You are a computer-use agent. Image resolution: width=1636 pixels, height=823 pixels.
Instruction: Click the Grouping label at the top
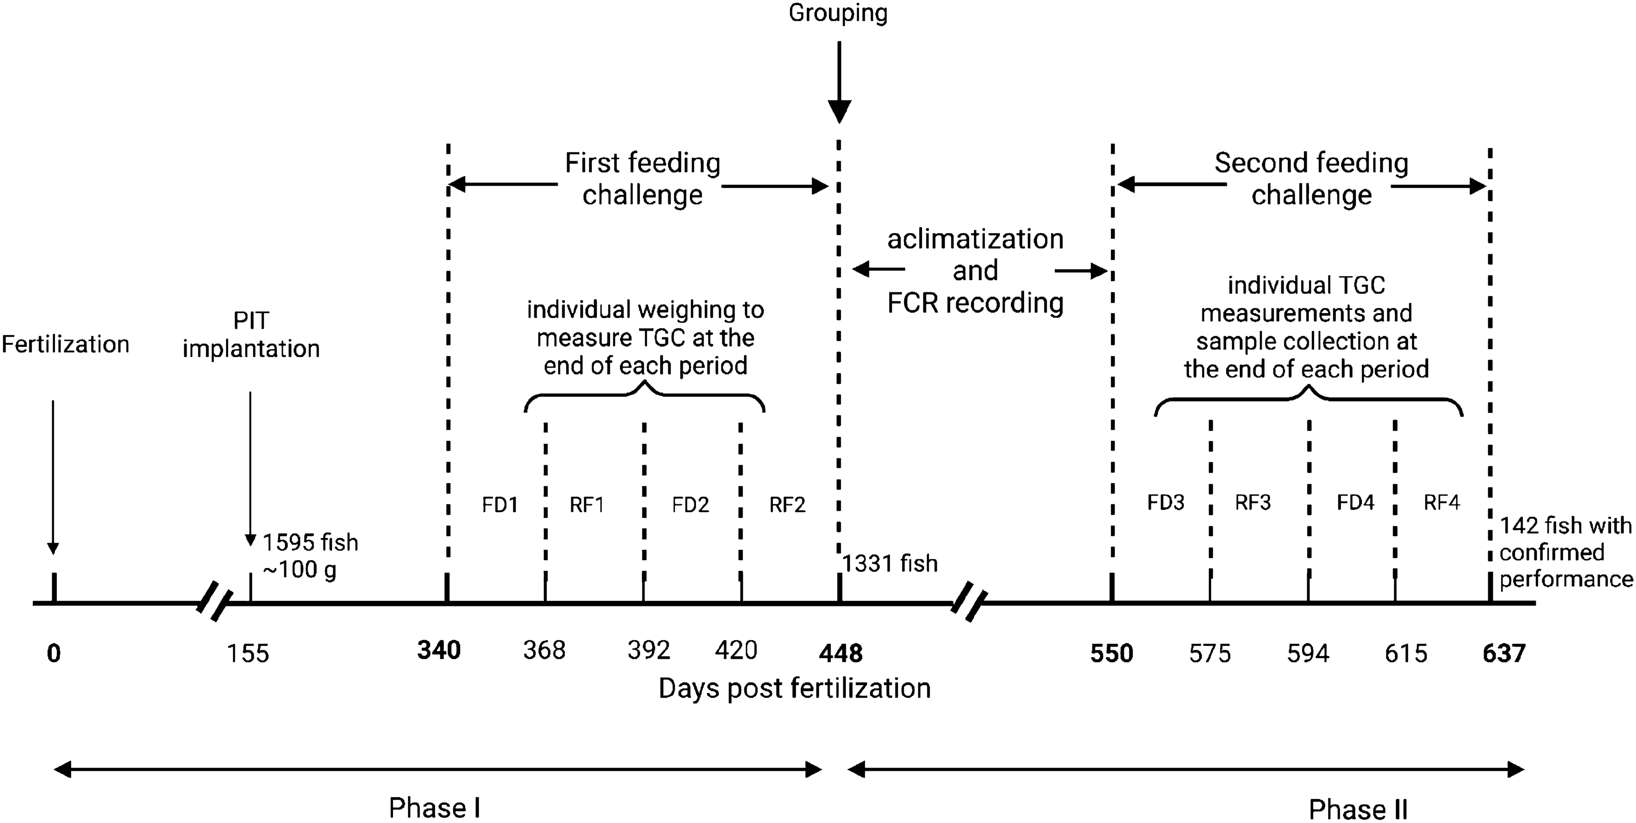[x=838, y=13]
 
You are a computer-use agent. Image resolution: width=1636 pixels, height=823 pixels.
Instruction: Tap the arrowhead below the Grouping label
[x=839, y=112]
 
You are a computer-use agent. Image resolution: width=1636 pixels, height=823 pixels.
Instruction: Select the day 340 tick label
[x=439, y=650]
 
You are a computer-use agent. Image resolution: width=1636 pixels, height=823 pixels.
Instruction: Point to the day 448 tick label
[x=841, y=653]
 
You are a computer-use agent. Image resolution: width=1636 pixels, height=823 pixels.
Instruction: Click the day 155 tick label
[x=248, y=653]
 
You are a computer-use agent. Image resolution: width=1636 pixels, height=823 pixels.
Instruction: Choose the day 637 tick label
[x=1504, y=653]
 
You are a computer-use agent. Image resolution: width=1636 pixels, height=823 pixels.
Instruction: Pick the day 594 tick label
[x=1308, y=653]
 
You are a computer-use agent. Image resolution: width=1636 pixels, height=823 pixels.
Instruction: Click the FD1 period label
[x=500, y=505]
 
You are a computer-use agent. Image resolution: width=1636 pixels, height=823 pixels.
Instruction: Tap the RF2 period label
[x=788, y=505]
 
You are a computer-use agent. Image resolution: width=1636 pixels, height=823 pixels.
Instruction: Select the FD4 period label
[x=1355, y=503]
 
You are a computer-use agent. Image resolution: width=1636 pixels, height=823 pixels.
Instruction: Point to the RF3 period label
[x=1253, y=503]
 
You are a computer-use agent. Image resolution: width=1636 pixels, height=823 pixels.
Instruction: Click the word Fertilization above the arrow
[x=66, y=344]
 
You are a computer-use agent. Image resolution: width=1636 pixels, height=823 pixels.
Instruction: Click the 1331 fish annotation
[x=890, y=563]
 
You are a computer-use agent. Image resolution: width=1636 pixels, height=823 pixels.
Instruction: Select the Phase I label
[x=434, y=808]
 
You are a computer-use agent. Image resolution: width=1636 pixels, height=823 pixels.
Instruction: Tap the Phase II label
[x=1358, y=809]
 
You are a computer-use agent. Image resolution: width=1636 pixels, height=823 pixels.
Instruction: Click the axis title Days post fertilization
[x=794, y=688]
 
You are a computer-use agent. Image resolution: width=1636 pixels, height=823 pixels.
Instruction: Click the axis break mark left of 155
[x=213, y=601]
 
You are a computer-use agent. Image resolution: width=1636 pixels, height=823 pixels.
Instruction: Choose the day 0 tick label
[x=54, y=653]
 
